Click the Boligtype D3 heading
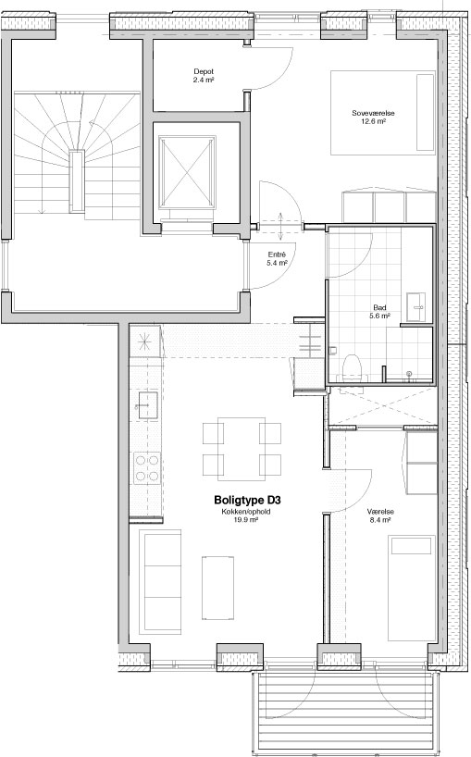click(246, 500)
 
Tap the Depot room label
click(204, 76)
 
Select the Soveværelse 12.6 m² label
click(373, 117)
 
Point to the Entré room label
click(277, 259)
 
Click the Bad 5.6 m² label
click(379, 311)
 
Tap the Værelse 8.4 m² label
click(380, 515)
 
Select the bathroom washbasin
click(415, 306)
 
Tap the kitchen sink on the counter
click(148, 405)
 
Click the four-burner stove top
click(147, 468)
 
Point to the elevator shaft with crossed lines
click(187, 172)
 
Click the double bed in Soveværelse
click(383, 113)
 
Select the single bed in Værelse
click(412, 588)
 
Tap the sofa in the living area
click(160, 582)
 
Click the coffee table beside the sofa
click(217, 588)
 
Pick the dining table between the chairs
click(242, 449)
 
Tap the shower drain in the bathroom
click(409, 374)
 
